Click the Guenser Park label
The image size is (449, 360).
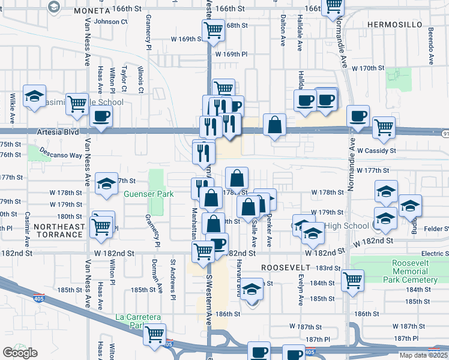tap(148, 194)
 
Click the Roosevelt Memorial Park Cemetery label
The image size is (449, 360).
tap(414, 272)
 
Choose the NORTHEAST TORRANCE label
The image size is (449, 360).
tap(58, 230)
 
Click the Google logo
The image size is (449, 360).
tap(20, 353)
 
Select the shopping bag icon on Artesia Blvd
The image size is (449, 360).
tap(274, 126)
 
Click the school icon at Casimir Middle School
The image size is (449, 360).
tap(35, 95)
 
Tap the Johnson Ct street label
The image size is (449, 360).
tap(111, 22)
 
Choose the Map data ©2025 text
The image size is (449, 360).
tap(423, 355)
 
